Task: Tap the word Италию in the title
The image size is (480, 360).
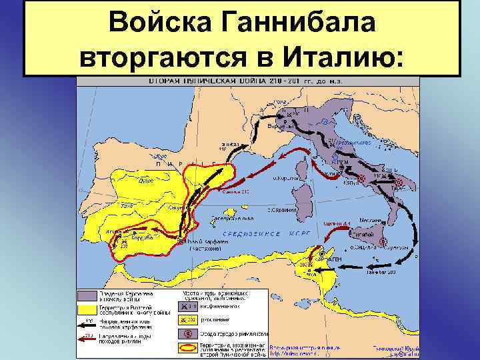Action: click(341, 56)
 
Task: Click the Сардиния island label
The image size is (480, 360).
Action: click(283, 210)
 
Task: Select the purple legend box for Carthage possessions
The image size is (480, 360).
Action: click(86, 295)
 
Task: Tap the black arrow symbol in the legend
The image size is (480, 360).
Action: click(86, 323)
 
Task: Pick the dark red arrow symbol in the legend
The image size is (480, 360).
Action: click(86, 337)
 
